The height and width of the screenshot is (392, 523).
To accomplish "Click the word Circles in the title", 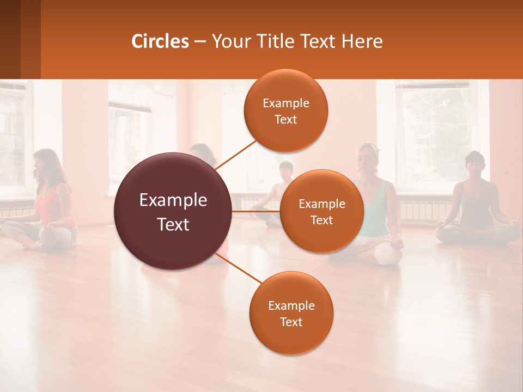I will pyautogui.click(x=160, y=41).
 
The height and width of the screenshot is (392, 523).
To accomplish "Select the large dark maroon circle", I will pyautogui.click(x=173, y=211).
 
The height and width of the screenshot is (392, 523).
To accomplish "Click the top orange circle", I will pyautogui.click(x=285, y=111).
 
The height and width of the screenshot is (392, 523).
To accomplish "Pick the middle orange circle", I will pyautogui.click(x=321, y=211).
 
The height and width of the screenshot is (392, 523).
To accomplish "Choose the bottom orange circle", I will pyautogui.click(x=291, y=313).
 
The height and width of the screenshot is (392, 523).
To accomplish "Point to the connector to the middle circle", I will pyautogui.click(x=256, y=211).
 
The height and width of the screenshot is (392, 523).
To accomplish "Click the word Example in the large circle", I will pyautogui.click(x=173, y=200).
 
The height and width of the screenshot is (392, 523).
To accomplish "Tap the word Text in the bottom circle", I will pyautogui.click(x=291, y=322).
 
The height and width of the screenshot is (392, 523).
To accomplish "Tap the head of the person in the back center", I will pyautogui.click(x=285, y=170).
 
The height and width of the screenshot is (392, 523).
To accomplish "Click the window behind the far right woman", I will pyautogui.click(x=436, y=131).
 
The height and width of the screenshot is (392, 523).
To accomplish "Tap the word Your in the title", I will pyautogui.click(x=229, y=41).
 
